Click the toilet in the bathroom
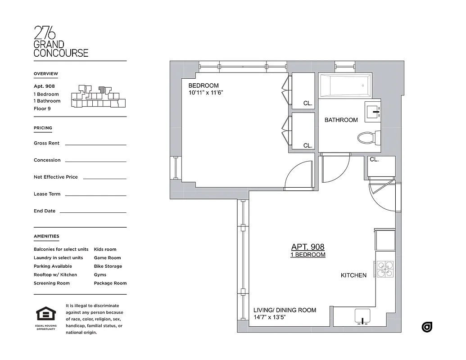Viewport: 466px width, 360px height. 369,137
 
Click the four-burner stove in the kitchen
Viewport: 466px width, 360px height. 385,269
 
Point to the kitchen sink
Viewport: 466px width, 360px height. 362,316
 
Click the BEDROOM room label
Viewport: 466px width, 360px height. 204,85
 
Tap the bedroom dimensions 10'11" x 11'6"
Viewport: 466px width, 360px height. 206,93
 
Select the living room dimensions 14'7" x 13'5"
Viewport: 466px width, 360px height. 270,317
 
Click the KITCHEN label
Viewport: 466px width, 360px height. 353,275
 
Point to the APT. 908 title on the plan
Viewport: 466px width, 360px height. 308,247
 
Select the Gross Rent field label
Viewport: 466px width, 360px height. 46,143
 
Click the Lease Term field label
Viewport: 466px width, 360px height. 47,194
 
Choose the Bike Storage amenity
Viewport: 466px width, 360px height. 108,266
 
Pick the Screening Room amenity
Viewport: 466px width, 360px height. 51,283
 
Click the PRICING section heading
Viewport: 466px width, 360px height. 43,128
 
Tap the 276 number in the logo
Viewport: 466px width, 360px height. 45,33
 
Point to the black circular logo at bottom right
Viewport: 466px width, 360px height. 427,327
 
